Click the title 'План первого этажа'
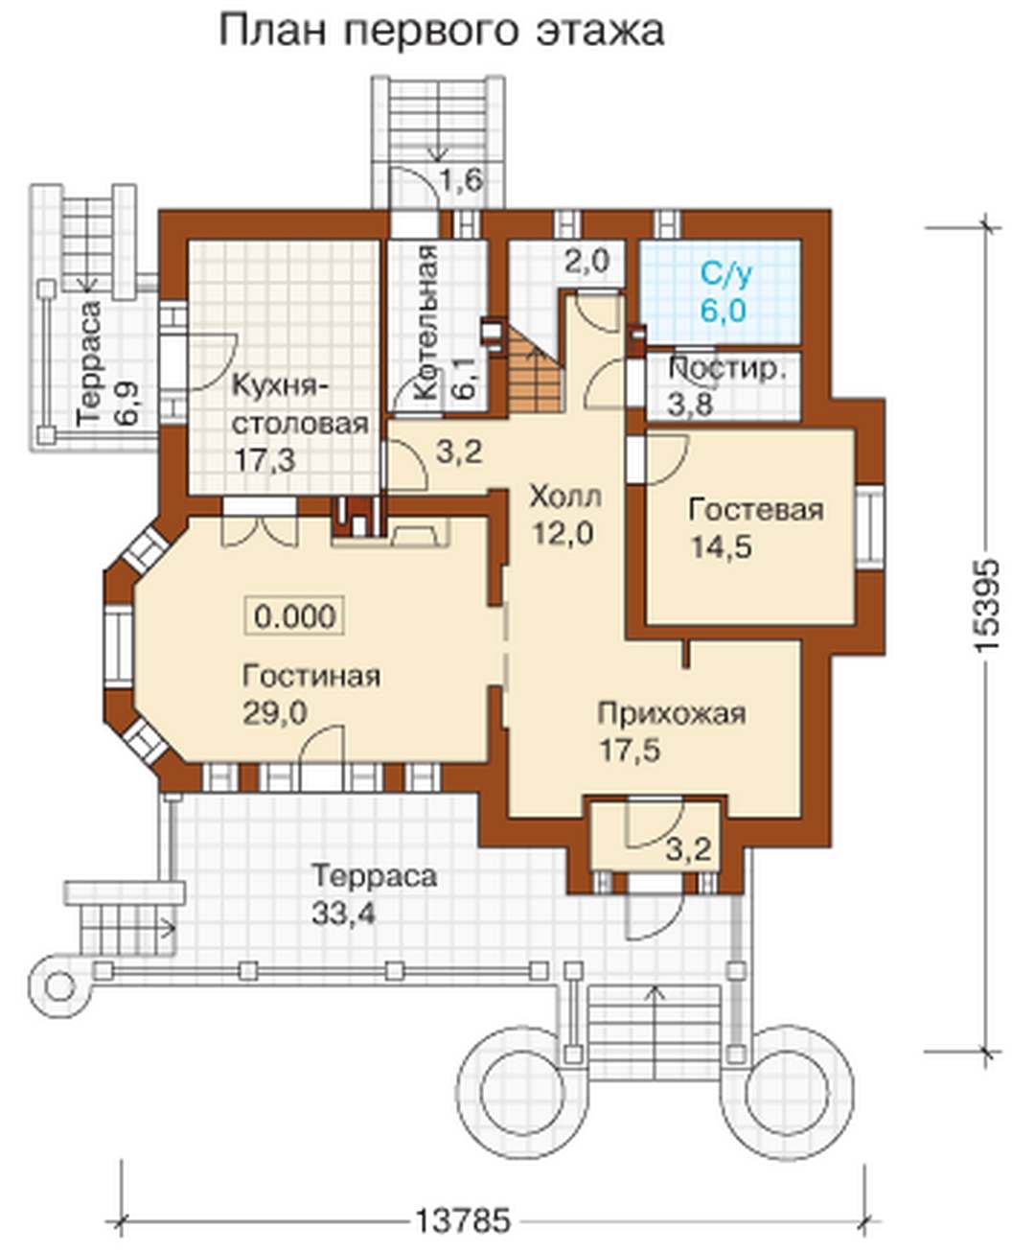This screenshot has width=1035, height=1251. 442,32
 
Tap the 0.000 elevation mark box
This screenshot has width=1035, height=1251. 295,615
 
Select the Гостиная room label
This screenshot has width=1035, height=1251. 311,676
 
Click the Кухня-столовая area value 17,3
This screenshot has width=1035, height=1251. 264,461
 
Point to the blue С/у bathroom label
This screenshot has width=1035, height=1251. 726,274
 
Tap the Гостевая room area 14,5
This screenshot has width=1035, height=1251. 722,546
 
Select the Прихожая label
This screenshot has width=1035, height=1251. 672,714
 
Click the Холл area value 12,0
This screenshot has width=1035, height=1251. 563,532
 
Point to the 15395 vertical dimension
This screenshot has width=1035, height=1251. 986,606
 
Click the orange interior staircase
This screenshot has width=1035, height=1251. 536,367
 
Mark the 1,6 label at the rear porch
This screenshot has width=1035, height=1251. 462,179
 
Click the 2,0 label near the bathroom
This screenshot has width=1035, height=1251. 587,262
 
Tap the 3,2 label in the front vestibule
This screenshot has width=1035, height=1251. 689,849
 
